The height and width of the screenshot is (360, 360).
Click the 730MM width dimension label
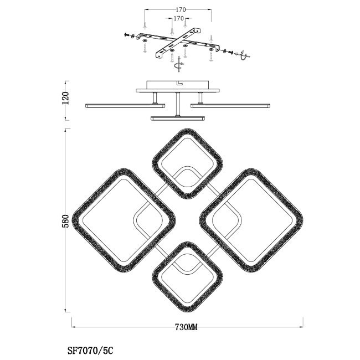[186, 327]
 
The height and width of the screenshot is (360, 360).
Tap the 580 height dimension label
[65, 221]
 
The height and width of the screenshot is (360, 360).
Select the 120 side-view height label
[65, 98]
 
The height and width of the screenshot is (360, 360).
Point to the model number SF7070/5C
[90, 351]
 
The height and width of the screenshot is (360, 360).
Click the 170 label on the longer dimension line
[181, 9]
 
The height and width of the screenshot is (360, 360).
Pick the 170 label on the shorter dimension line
[179, 18]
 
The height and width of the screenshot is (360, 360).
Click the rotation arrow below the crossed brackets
[179, 64]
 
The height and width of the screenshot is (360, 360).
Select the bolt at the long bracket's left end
[127, 35]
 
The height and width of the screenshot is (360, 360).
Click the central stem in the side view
[177, 104]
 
